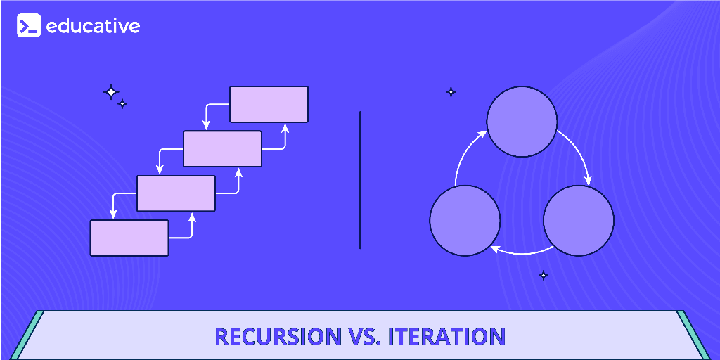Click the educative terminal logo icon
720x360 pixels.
28,25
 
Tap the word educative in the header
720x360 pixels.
94,26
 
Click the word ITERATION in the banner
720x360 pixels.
446,337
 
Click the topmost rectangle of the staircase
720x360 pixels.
269,104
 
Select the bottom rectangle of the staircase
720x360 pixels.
129,238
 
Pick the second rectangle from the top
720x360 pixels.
222,149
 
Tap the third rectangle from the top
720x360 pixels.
176,193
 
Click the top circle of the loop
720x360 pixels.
522,121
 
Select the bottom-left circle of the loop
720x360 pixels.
465,220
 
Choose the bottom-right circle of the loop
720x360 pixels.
579,220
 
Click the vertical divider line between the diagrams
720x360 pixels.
359,179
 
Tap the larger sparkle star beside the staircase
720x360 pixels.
110,92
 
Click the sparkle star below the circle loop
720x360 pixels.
544,276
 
